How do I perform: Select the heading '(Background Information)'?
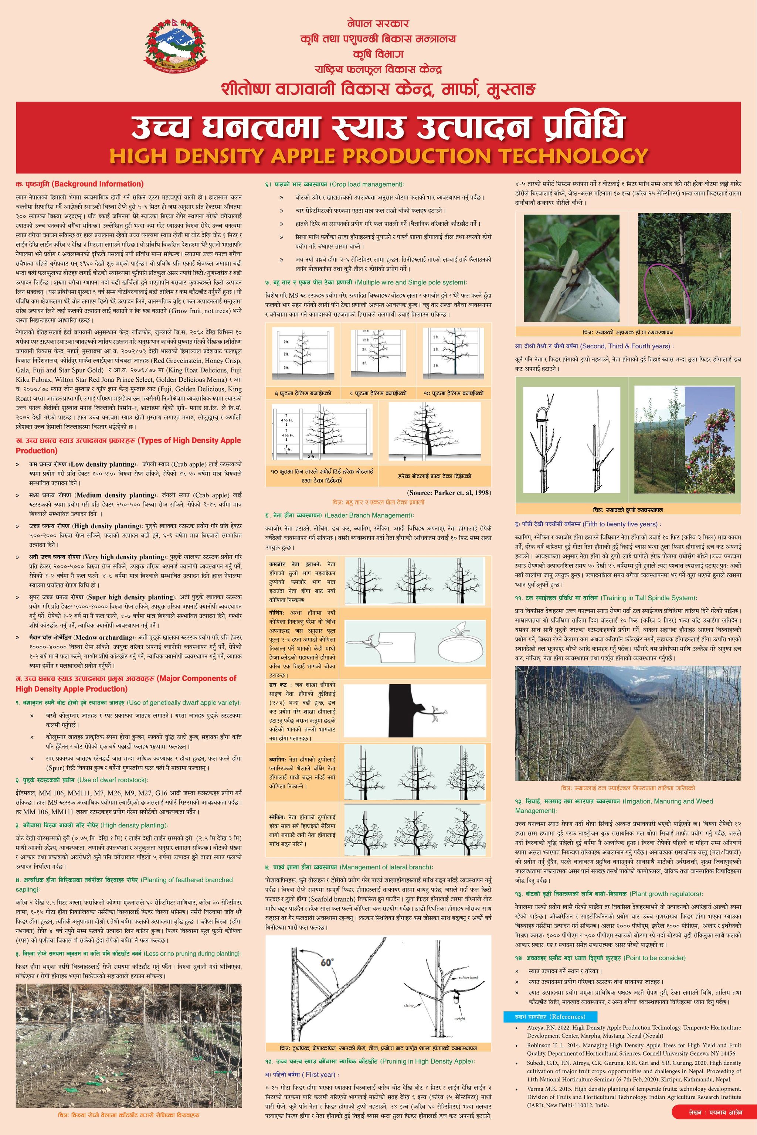point(98,184)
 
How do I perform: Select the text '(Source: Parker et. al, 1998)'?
point(449,493)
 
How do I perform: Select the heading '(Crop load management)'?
point(367,184)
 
